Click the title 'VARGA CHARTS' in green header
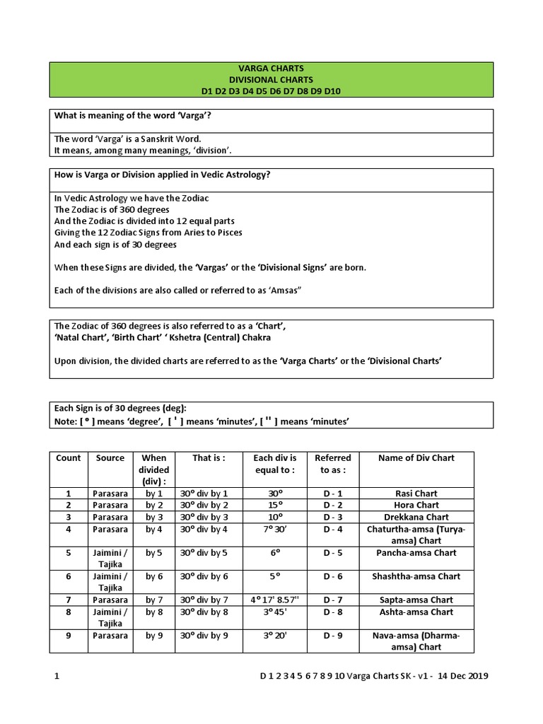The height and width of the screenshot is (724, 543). pos(271,69)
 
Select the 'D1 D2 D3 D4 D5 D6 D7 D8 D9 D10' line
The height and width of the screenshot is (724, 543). pos(271,91)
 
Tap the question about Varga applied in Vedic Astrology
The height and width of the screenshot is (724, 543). pos(162,175)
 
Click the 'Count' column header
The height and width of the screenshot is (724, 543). pos(69,458)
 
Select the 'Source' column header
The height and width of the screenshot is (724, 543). pos(110,458)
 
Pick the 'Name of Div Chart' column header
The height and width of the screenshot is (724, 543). pos(416,458)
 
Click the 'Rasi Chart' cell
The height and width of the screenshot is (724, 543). pos(416,494)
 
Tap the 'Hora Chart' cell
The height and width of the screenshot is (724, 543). pos(416,506)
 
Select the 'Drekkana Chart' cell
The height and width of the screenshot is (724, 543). pos(416,517)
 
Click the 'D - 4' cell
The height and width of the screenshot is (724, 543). pos(333,529)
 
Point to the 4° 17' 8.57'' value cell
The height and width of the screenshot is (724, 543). pos(275,600)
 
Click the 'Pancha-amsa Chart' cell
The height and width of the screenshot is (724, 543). pos(416,553)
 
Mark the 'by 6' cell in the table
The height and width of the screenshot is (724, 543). pos(154,576)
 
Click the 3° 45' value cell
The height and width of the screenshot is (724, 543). pos(275,612)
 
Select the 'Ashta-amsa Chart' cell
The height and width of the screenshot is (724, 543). pos(416,612)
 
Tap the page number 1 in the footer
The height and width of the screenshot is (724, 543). pos(57,676)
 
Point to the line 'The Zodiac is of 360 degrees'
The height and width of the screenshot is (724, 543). pos(112,210)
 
